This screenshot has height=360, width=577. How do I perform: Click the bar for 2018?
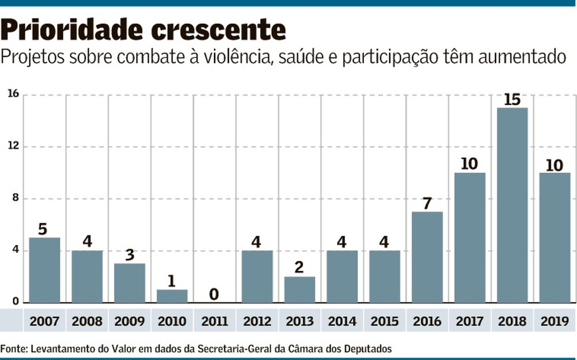[x=512, y=205]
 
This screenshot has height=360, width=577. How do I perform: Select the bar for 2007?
[x=44, y=270]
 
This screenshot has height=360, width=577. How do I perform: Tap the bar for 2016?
[x=427, y=257]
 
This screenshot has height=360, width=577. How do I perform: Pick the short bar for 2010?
[x=172, y=296]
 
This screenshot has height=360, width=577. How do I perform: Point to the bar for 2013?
[x=299, y=290]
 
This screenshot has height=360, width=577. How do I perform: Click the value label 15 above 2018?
[x=512, y=100]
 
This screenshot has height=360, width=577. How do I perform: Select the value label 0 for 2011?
[x=214, y=294]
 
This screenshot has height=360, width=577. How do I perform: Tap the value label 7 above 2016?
[x=427, y=203]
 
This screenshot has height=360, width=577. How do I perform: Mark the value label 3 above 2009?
[x=129, y=255]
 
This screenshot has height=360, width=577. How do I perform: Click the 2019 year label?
[x=555, y=321]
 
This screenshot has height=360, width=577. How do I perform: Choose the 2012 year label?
[x=257, y=321]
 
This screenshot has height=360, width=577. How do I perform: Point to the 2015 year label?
[x=384, y=321]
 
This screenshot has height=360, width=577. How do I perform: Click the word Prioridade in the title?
[x=72, y=30]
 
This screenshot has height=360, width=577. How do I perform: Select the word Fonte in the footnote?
[x=13, y=348]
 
